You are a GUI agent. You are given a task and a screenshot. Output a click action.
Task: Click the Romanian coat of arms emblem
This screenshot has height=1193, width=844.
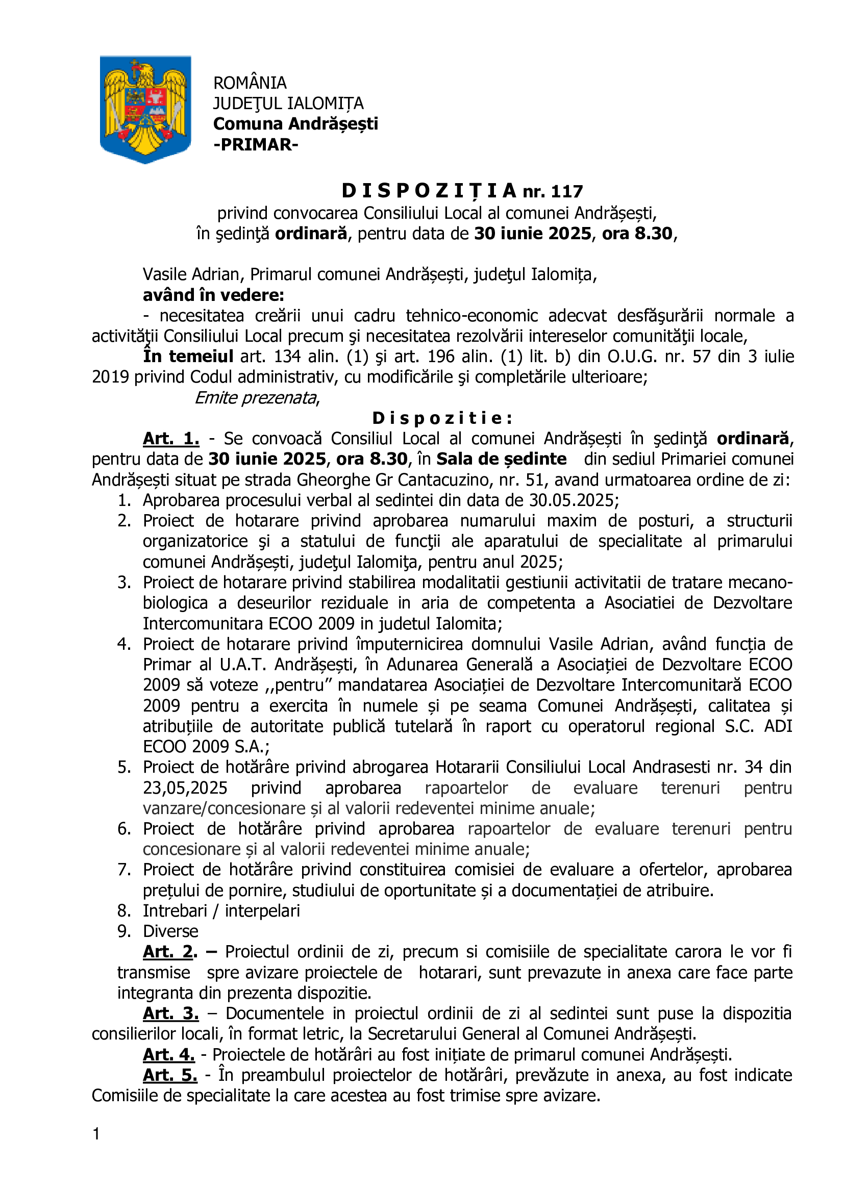tap(145, 109)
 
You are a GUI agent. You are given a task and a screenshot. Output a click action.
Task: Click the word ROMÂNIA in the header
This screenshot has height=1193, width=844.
tap(250, 83)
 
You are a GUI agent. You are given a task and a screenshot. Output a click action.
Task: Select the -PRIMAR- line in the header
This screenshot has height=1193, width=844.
tap(256, 144)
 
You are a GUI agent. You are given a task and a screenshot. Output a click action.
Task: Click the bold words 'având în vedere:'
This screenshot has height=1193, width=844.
tap(214, 295)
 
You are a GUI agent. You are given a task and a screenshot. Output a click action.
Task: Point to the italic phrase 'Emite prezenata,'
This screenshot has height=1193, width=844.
tap(257, 398)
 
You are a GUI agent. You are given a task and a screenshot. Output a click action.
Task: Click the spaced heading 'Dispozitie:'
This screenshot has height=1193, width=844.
tap(443, 418)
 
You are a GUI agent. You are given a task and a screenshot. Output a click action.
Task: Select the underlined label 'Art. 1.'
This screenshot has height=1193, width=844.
tap(171, 439)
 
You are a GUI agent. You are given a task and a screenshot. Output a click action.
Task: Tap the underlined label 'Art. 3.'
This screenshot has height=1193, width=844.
tap(171, 1014)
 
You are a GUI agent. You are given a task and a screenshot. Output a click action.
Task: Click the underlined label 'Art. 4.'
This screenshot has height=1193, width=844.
tap(169, 1055)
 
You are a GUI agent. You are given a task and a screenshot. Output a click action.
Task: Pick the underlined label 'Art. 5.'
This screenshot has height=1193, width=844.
tap(170, 1075)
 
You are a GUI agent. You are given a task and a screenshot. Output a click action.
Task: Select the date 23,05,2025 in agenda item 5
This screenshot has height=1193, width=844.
tap(185, 788)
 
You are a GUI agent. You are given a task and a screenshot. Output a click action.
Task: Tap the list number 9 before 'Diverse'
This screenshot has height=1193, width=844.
tap(123, 931)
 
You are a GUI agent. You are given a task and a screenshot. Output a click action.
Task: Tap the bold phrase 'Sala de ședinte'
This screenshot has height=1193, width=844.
tap(501, 460)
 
